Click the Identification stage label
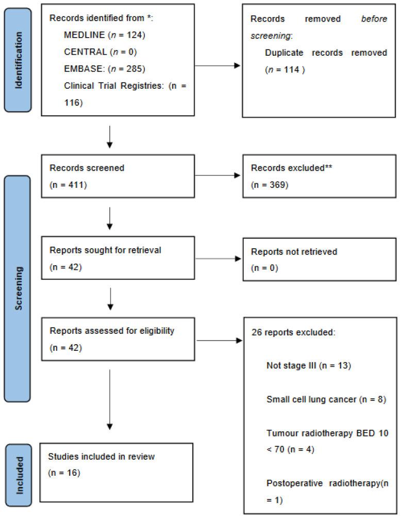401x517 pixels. [19, 57]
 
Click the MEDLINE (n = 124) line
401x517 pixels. [96, 35]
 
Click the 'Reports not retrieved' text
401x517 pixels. [294, 251]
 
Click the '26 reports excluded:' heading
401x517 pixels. [293, 332]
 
